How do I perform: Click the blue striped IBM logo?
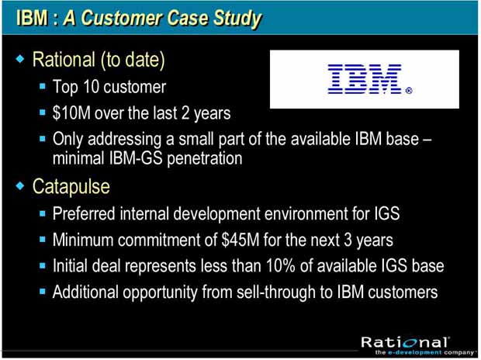point(365,79)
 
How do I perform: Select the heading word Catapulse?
point(71,186)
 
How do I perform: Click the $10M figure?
point(71,113)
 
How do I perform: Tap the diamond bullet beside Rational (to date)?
point(20,58)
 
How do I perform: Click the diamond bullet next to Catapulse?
point(20,185)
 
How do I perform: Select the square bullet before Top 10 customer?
point(43,86)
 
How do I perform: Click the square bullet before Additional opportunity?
point(43,291)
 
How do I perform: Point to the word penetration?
point(205,159)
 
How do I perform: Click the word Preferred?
point(84,213)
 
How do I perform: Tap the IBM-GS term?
point(136,158)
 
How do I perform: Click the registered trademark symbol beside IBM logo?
point(409,91)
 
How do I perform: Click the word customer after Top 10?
point(135,87)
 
